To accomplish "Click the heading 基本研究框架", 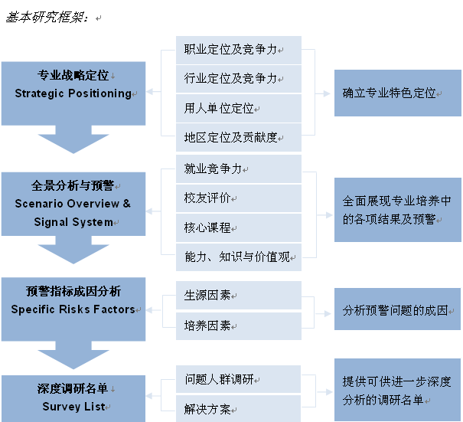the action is (x=46, y=17).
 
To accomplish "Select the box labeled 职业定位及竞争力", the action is (x=239, y=50).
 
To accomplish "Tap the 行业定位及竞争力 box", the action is (x=239, y=79).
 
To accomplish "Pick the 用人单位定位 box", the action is (x=239, y=108).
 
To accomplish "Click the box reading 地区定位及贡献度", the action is (x=239, y=137).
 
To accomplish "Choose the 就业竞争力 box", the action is (x=239, y=169).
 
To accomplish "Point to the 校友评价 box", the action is (x=239, y=198).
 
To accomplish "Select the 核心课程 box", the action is (x=239, y=227).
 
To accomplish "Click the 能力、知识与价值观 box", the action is (x=239, y=257).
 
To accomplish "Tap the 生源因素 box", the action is (x=239, y=295).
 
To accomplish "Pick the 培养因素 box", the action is (x=239, y=326).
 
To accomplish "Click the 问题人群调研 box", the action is (x=239, y=379).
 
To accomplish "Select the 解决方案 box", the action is (x=239, y=409).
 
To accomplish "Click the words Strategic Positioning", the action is (x=73, y=93).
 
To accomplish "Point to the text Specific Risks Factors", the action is (x=73, y=309).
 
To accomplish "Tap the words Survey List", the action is (x=73, y=407).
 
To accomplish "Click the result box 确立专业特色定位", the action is (x=398, y=93).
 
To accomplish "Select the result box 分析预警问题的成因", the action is (x=397, y=309).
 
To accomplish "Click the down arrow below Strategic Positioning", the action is (x=73, y=139).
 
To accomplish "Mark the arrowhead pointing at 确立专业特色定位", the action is (x=327, y=93).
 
